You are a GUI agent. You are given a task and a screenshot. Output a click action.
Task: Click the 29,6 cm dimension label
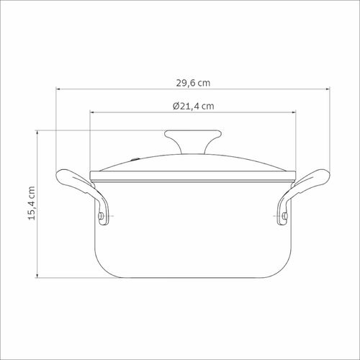pos(193,83)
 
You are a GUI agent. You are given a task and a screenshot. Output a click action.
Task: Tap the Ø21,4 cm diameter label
pos(194,106)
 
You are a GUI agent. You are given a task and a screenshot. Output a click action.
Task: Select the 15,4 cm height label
pos(32,203)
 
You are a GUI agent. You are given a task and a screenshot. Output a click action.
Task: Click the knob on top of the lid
pos(193,141)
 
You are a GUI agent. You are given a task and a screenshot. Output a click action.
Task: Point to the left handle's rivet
pos(101,216)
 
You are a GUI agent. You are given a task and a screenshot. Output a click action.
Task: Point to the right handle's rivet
pos(285,216)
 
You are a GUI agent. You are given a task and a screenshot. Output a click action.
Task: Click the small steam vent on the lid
pos(135,159)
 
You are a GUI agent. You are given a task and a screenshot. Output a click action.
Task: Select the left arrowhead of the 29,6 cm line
pos(58,89)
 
